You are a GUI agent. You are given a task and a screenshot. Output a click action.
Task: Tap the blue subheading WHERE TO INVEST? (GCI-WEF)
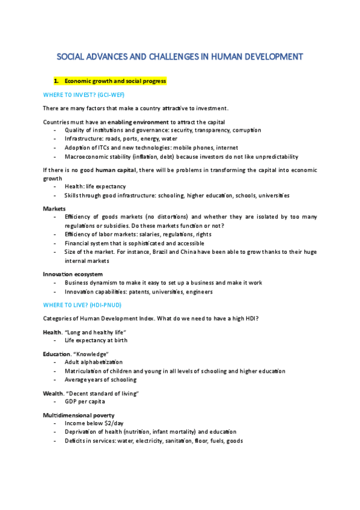point(84,94)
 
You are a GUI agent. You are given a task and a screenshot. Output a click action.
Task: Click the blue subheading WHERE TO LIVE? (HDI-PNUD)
point(82,305)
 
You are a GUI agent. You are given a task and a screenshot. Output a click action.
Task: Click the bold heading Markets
point(54,208)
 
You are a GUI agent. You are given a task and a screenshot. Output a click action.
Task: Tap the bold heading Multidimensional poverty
point(78,415)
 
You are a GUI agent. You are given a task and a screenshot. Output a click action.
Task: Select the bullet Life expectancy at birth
point(96,340)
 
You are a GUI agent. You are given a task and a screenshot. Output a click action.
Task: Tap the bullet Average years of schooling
point(100,379)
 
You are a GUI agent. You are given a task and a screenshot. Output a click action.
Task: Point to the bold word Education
point(57,354)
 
